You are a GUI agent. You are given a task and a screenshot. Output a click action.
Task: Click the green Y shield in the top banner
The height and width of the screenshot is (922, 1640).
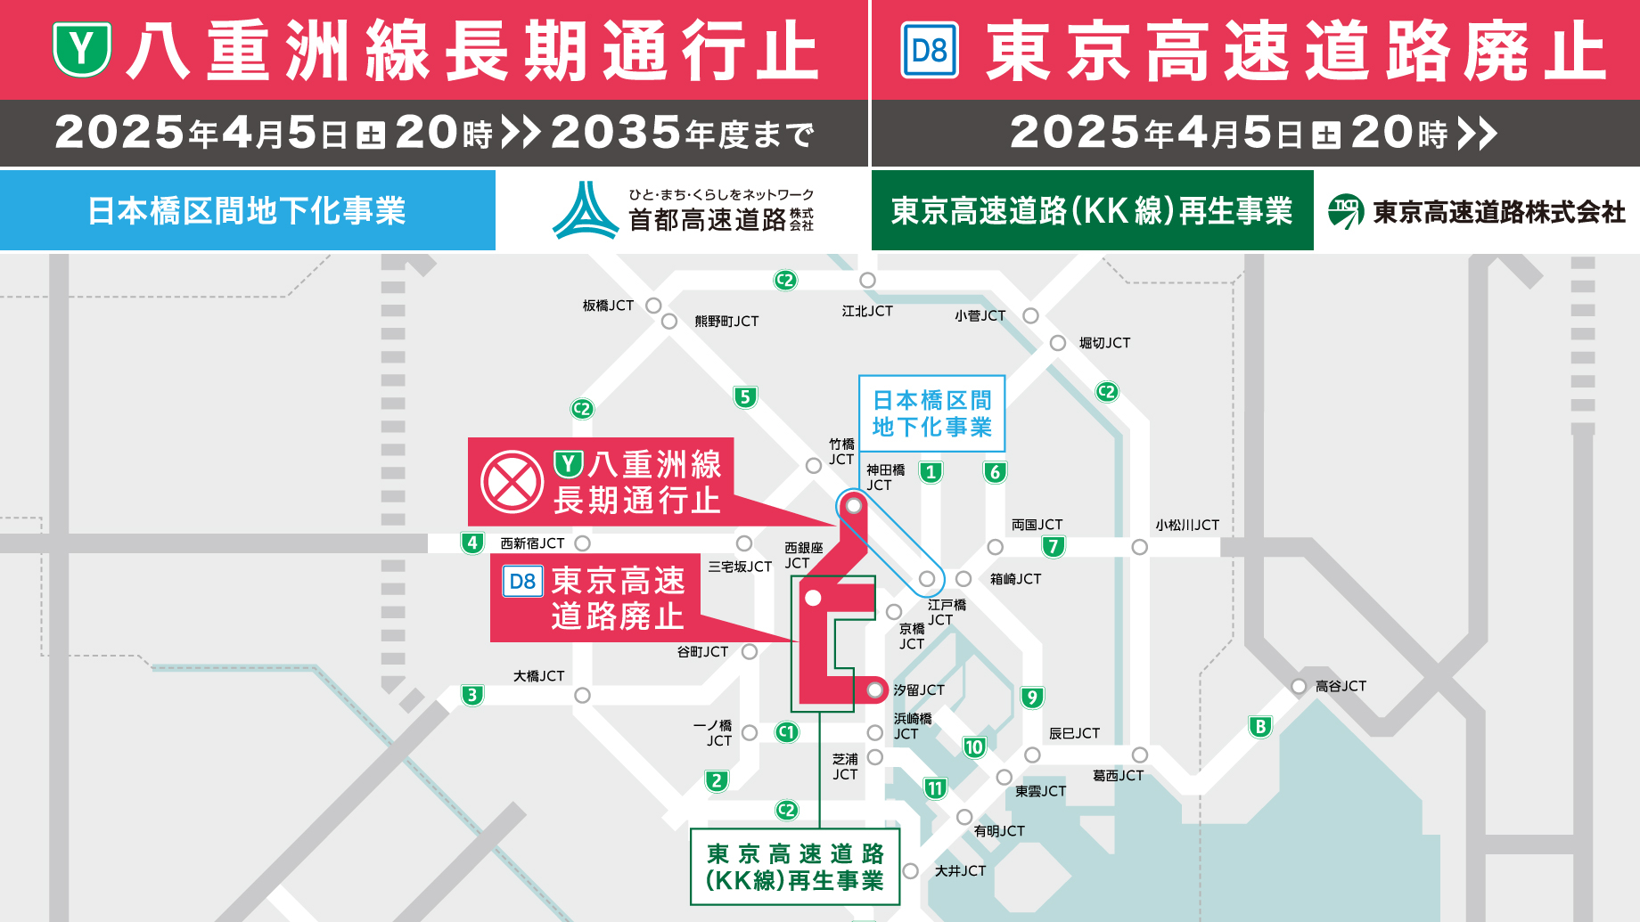pos(82,50)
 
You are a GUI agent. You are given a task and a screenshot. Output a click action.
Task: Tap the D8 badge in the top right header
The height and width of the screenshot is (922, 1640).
pos(930,51)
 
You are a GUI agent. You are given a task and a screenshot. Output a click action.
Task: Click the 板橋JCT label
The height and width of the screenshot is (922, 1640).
pos(608,306)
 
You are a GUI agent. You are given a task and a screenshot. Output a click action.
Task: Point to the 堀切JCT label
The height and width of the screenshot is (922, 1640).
pos(1104,343)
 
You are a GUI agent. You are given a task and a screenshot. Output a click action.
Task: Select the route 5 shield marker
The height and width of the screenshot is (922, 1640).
pos(745,397)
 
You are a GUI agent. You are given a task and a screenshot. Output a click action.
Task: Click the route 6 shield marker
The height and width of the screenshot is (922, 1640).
pos(995,472)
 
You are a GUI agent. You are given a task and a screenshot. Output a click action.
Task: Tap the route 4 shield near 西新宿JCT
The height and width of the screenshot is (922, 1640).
pos(472,543)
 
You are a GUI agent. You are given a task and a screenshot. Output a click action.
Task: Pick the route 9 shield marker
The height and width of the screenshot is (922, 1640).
pos(1031,698)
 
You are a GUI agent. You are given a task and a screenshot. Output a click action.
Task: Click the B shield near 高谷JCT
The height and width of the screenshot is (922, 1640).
pos(1259,727)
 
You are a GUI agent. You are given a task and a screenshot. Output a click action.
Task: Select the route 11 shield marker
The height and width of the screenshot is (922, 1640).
pos(934,788)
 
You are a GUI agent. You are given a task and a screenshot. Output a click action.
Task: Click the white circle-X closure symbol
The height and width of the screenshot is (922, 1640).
pos(512,482)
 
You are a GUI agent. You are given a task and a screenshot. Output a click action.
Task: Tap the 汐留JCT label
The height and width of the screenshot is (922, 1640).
pos(919,690)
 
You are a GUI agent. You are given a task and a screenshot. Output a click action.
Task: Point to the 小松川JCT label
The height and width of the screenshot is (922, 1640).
pos(1187,526)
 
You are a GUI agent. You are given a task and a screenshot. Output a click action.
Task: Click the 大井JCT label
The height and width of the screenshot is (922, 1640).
pos(960,871)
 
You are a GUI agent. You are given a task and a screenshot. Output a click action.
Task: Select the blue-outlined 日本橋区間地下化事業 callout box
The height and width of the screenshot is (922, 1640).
pos(931,413)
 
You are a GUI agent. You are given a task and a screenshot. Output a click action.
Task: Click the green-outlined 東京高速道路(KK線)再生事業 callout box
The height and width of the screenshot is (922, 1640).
pos(795,867)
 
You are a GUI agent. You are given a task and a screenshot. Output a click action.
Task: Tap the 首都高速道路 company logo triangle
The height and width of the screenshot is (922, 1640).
pos(585,211)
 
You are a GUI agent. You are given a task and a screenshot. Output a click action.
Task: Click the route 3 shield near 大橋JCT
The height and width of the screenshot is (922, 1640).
pos(472,695)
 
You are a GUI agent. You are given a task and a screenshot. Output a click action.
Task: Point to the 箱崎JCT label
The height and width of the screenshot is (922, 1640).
pos(1015,579)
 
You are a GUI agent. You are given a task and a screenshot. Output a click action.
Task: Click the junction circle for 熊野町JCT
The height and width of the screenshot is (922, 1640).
pos(669,322)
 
